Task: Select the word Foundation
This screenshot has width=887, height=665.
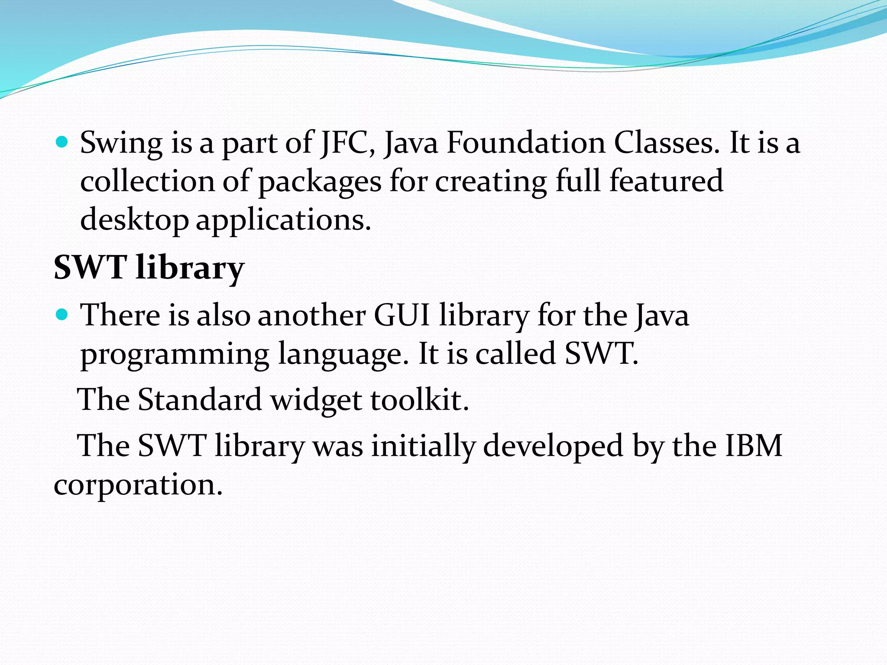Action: pos(525,143)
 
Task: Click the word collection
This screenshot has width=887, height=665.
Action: pos(147,181)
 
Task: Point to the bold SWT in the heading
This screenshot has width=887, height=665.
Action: pos(90,268)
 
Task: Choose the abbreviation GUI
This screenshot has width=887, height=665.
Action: pos(401,315)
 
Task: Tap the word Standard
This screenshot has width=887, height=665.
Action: pos(200,400)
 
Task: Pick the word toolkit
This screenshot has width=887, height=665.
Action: pos(419,400)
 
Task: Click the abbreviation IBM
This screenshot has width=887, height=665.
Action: pos(754,445)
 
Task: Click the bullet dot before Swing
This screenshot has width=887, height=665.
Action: pos(63,142)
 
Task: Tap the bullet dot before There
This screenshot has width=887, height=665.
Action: pos(63,314)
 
